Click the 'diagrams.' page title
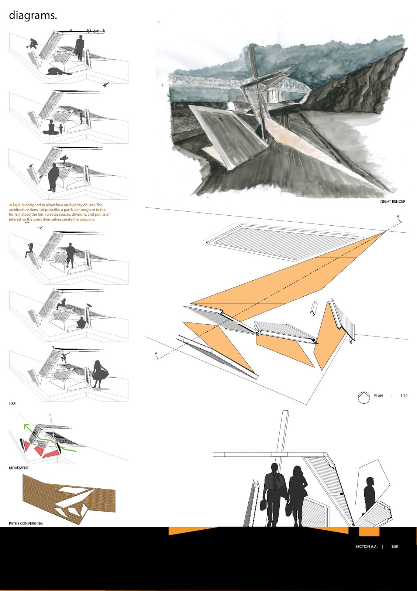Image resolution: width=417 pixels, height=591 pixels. [x=33, y=16]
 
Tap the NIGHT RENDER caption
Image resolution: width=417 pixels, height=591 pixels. [x=393, y=201]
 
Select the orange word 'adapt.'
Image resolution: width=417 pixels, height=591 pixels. [x=15, y=205]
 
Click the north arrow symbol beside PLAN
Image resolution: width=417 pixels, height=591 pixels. [x=363, y=397]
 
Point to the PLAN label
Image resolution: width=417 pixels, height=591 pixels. [x=378, y=396]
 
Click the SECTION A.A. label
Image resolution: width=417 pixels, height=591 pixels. [x=366, y=546]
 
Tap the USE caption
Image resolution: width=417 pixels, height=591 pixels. [x=13, y=404]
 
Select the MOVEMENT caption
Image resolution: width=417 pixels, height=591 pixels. [x=19, y=468]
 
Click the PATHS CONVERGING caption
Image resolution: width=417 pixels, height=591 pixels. [x=25, y=523]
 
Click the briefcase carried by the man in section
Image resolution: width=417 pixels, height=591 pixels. [x=263, y=504]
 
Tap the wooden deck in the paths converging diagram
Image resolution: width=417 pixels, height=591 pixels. [x=69, y=500]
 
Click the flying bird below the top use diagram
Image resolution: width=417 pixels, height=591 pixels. [x=106, y=85]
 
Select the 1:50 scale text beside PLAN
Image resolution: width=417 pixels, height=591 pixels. [x=404, y=396]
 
